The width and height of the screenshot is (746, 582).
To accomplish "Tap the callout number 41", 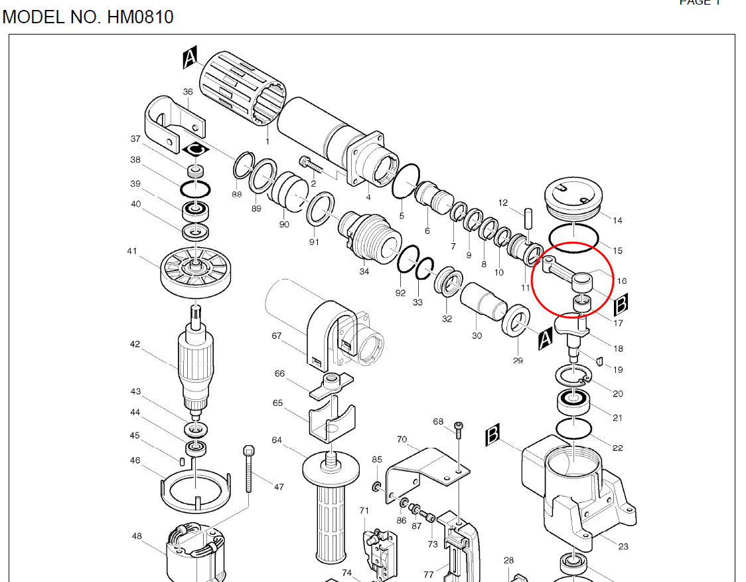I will tap(132, 251).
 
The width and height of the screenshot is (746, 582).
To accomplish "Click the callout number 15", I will tap(618, 250).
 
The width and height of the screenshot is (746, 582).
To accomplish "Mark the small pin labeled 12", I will tap(529, 217).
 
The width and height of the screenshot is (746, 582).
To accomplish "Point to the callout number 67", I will tap(277, 336).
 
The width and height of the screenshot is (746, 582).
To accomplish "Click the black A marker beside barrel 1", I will tap(190, 60).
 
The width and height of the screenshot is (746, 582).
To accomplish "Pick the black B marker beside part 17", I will tap(621, 304).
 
